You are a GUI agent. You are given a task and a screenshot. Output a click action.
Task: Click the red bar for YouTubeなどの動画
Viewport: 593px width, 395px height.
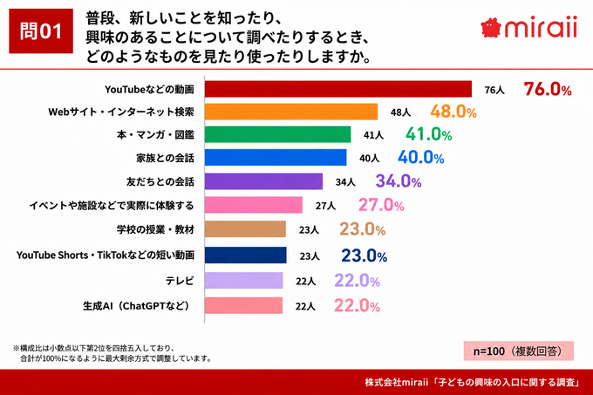coord(338,89)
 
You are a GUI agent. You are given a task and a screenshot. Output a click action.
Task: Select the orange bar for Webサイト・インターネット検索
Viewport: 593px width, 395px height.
coord(291,112)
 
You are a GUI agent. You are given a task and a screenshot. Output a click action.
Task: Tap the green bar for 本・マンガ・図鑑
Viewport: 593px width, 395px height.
coord(277,134)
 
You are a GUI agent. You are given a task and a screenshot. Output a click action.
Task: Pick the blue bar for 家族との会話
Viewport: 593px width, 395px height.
coord(276,157)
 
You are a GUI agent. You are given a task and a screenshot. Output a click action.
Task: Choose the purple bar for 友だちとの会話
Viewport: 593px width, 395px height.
coord(263,181)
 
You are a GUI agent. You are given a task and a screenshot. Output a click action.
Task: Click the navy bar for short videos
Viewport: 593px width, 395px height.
coord(245,255)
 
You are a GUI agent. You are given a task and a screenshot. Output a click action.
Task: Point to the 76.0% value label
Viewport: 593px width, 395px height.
coord(548,89)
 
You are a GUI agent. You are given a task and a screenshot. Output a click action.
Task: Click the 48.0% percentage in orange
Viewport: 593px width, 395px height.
coord(453,112)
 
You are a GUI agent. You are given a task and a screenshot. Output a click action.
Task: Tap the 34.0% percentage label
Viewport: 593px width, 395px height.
coord(399,181)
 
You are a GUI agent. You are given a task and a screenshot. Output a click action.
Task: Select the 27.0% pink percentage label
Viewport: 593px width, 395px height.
coord(381,205)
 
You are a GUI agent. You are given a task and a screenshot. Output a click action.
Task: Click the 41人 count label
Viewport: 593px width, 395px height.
coord(373,135)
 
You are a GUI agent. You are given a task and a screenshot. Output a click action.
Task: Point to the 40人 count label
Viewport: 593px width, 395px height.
coord(369,158)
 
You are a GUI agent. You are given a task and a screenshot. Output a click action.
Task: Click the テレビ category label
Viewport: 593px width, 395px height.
coord(180,281)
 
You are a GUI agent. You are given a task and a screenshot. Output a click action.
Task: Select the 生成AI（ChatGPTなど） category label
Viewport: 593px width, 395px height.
coord(136,305)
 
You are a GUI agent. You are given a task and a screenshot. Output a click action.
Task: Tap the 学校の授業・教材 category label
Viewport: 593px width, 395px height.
coord(155,229)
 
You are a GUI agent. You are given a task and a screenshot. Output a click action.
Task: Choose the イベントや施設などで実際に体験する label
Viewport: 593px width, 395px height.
coord(112,206)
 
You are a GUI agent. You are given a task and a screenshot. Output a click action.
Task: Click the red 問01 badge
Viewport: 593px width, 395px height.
coord(41,31)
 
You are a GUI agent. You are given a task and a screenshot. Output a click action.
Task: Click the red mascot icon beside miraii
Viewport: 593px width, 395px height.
coord(491,28)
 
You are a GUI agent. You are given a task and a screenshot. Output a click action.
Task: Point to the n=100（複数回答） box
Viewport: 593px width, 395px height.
coord(519,351)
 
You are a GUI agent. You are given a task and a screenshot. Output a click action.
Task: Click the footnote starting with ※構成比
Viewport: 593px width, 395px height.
coord(112,353)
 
